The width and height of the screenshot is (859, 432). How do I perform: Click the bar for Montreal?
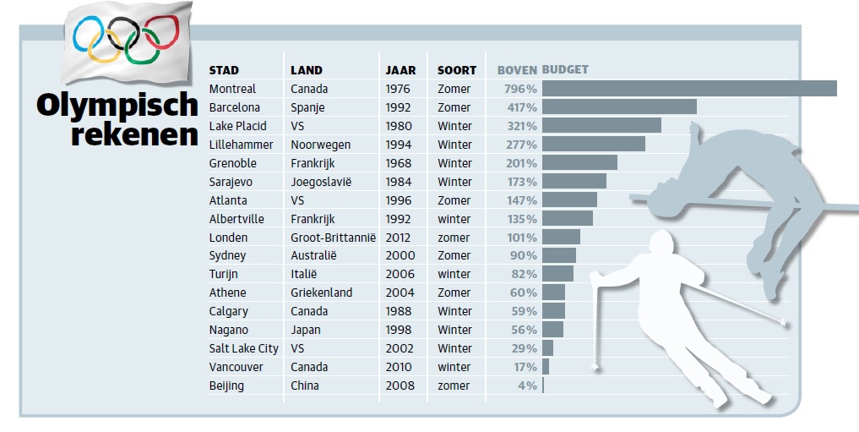pos(688,89)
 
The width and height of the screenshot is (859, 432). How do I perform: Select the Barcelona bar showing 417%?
pos(619,107)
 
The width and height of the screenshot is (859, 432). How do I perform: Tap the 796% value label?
pos(520,89)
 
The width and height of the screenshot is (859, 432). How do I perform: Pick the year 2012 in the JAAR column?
pos(398,238)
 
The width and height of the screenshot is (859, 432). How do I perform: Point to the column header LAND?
pos(306,70)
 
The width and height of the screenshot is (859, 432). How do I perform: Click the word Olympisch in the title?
pos(117,106)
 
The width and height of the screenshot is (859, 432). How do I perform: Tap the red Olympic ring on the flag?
pos(161,34)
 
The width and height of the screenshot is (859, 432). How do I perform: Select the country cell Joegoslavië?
pos(320,182)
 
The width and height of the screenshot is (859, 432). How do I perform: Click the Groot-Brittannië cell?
pos(333,238)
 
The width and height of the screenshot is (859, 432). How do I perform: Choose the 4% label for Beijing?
pos(528,386)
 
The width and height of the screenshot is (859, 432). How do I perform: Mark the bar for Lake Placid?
pos(601,126)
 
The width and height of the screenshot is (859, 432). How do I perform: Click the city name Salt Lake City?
pos(243,348)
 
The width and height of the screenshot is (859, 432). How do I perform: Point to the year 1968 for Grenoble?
pos(398,163)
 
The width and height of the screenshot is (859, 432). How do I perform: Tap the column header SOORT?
pos(457,70)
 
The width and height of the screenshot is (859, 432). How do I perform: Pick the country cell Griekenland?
pos(321,293)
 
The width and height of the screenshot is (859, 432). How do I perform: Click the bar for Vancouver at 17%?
pos(546,367)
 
